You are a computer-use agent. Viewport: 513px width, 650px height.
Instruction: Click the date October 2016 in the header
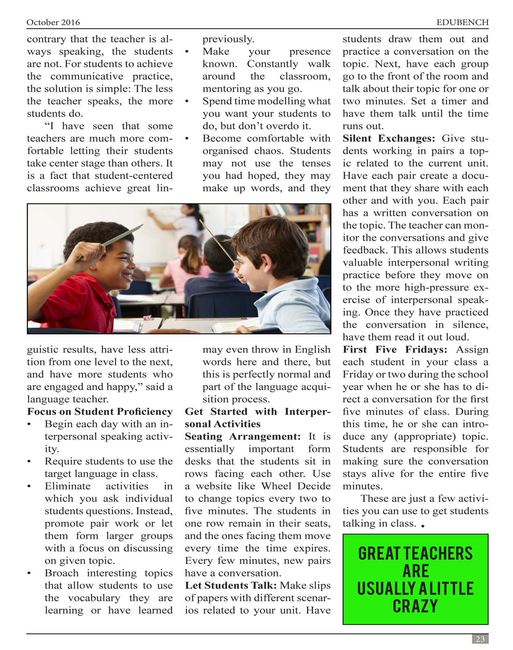[x=53, y=23]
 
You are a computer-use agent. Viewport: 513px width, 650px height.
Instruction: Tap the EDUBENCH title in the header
[x=462, y=23]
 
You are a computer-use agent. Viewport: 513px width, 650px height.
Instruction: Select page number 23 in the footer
[x=480, y=639]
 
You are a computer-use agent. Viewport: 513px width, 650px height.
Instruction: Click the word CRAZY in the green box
[x=415, y=606]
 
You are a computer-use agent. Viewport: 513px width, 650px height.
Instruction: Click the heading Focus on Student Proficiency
[x=100, y=412]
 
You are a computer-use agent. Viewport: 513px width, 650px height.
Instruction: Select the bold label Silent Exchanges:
[x=389, y=139]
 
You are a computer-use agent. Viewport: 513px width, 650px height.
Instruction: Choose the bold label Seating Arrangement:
[x=242, y=437]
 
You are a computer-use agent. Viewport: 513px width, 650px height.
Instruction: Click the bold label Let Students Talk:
[x=231, y=586]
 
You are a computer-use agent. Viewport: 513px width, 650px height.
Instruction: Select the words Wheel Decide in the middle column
[x=296, y=486]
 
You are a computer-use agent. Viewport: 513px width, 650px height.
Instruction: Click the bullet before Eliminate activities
[x=29, y=486]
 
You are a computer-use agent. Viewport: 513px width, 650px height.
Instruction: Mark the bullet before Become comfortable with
[x=187, y=139]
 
